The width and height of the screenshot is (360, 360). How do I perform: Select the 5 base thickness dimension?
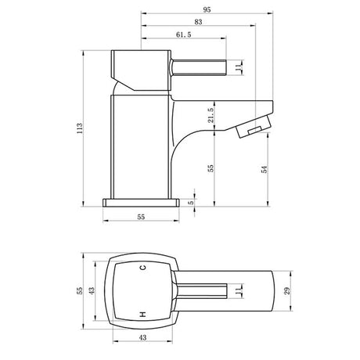tap(190, 202)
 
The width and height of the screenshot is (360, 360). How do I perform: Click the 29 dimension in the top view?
tap(287, 291)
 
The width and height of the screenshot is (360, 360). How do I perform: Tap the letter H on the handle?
tap(142, 313)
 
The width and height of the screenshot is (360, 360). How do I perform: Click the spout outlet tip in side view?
tap(252, 130)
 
